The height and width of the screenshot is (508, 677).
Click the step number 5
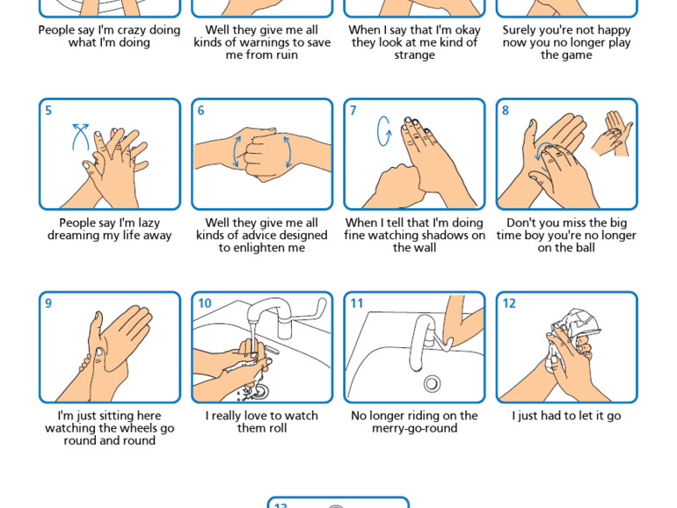point(48,111)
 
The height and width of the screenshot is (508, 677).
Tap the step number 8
point(506,111)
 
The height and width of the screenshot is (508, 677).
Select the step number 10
point(205,303)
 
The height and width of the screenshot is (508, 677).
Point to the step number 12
point(509,303)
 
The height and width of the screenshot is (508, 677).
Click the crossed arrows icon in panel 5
point(80,136)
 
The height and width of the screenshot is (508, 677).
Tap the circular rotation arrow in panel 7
point(384,131)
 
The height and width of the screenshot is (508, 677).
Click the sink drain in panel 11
point(432,383)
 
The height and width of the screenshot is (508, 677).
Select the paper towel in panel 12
point(574,337)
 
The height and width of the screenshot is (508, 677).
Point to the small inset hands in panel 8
point(612,134)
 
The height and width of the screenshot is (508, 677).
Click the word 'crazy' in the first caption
point(131,30)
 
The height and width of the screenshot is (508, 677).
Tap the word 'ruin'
point(287,54)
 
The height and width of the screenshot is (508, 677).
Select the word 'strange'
point(414,55)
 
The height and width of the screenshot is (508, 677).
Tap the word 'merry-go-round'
point(414,429)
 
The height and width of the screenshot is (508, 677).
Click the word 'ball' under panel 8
point(585,248)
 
